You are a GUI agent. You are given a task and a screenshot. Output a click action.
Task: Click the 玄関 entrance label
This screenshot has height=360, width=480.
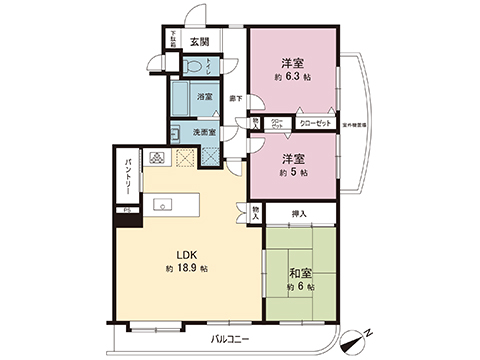click(199, 42)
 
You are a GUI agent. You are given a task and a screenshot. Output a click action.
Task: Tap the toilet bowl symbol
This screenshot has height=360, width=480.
click(192, 66)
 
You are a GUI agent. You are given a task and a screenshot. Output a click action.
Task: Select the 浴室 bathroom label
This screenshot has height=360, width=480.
click(204, 97)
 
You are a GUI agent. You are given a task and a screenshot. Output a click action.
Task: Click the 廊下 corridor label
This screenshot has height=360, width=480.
click(236, 97)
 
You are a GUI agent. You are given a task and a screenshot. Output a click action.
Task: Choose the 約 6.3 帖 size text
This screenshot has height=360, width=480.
click(293, 75)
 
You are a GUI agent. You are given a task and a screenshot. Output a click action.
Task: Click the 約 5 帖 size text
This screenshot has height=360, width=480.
click(293, 172)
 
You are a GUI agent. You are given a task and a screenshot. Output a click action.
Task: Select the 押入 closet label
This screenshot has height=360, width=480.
click(300, 213)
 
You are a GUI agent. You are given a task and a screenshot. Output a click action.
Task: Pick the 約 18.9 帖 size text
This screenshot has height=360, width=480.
click(187, 270)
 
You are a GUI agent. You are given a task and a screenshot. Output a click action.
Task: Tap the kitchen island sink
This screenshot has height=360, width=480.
click(162, 204)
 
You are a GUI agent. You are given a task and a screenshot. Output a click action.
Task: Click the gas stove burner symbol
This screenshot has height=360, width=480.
click(158, 158)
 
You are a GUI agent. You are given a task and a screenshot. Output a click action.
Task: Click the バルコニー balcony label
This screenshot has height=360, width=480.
click(230, 340)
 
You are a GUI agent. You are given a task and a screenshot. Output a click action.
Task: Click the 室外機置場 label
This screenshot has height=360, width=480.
click(354, 124)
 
